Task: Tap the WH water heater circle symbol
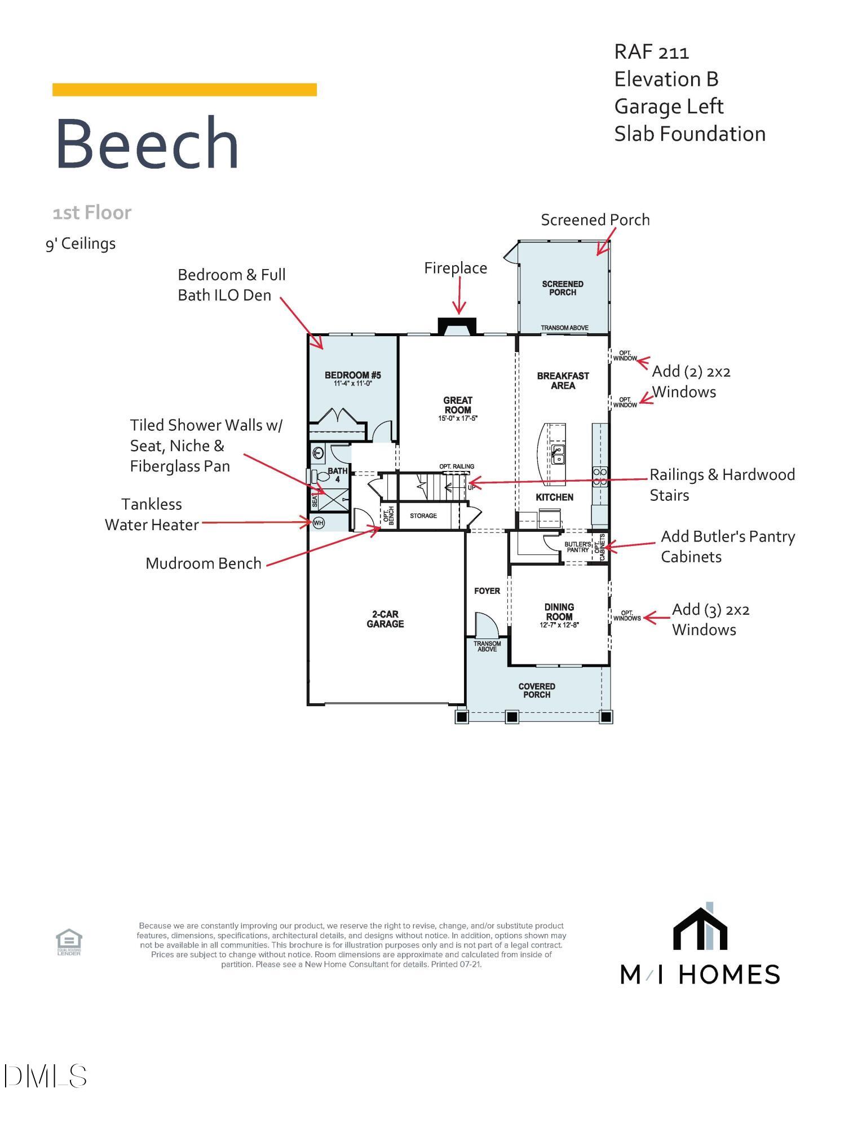319,523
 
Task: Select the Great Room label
457,405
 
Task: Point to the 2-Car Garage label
385,619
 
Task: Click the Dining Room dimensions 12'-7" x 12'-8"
559,625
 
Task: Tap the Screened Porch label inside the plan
563,288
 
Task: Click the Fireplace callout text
456,268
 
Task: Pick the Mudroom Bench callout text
204,563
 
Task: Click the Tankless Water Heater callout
152,514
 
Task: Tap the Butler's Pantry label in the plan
577,547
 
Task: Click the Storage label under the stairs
423,515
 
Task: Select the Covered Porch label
537,690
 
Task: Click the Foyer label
487,591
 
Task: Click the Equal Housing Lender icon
69,941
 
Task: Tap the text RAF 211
651,52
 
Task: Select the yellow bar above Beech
184,90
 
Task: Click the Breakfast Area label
563,381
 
